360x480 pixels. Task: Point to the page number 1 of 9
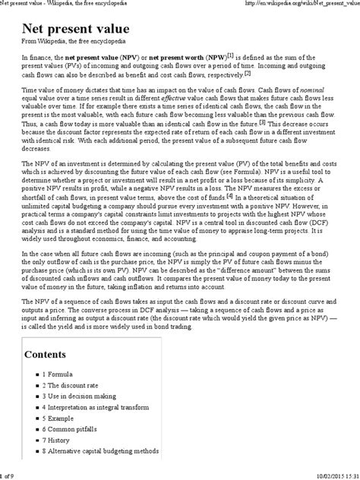[9, 475]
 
